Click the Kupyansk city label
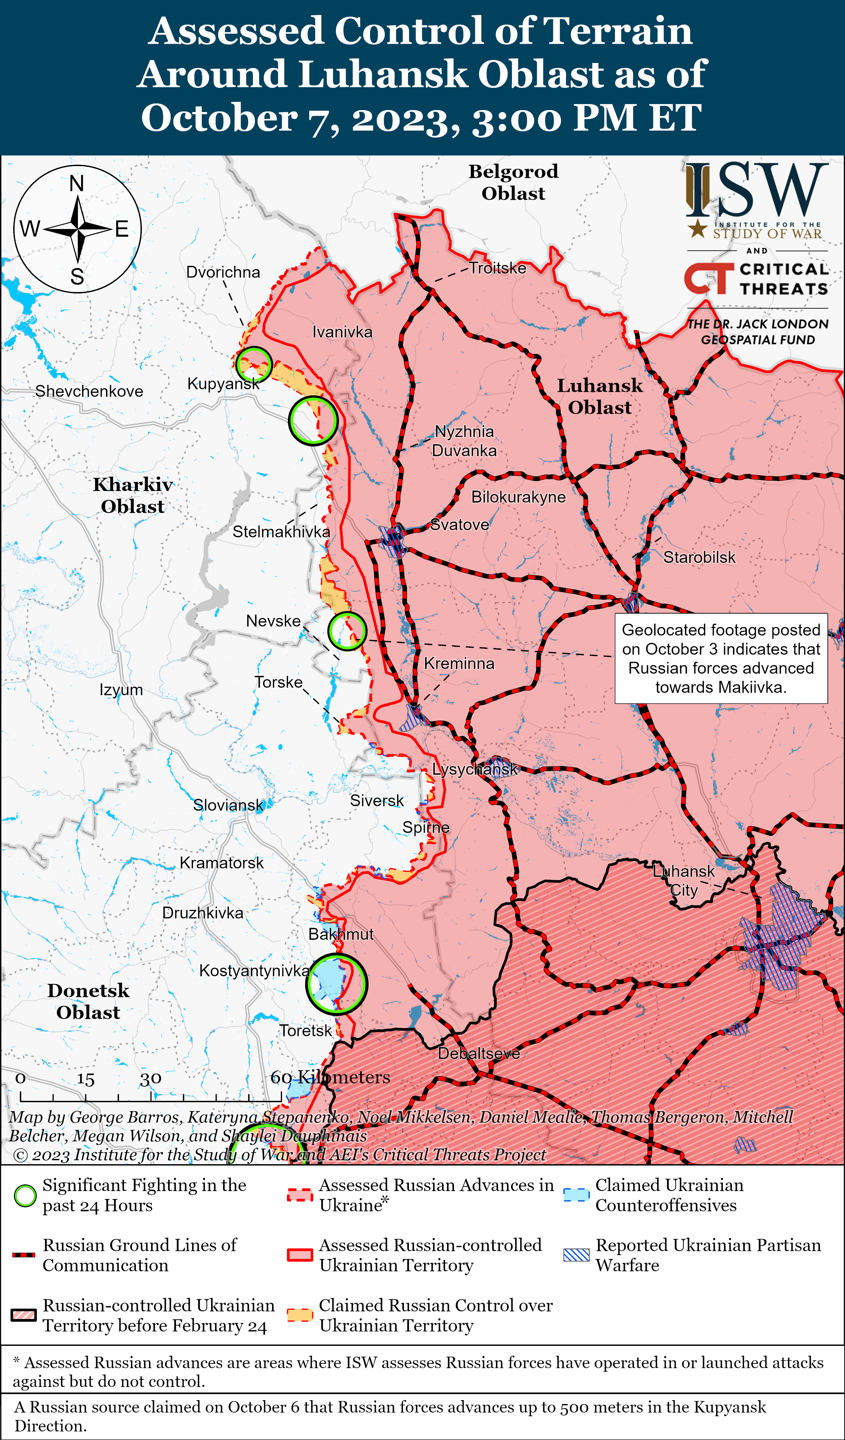(x=223, y=384)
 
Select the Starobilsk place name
(x=699, y=557)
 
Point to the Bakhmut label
(x=341, y=934)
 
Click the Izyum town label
(x=121, y=690)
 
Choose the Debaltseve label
(x=479, y=1053)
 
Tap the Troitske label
(x=498, y=268)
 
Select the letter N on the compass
(x=77, y=184)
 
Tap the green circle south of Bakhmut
(x=336, y=984)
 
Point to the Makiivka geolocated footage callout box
(x=721, y=658)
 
